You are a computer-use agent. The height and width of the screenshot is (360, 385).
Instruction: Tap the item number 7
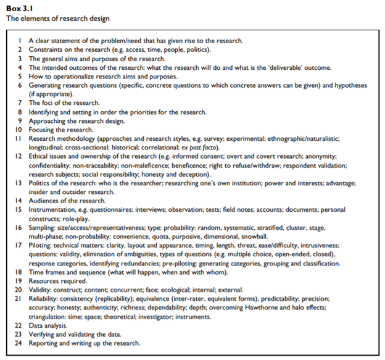pos(20,103)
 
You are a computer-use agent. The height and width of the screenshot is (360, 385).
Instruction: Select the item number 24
pos(19,343)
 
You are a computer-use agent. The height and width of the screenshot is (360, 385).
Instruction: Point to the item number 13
pos(19,183)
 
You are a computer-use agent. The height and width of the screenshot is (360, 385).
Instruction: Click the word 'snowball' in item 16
pos(254,237)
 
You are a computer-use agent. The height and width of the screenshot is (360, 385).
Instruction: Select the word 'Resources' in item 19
pos(46,281)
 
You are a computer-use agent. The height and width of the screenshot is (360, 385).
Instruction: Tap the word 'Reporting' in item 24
pos(44,343)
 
